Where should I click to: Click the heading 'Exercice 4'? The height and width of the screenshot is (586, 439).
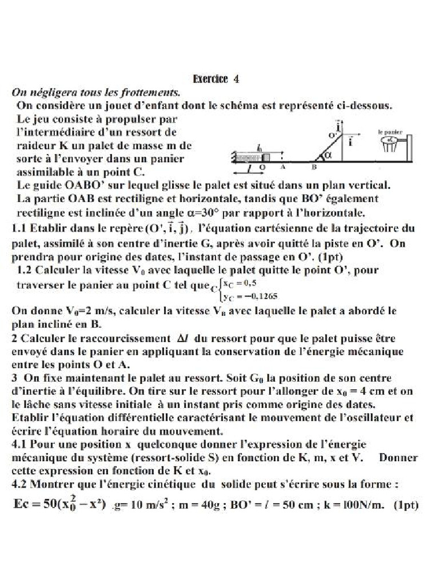pyautogui.click(x=216, y=80)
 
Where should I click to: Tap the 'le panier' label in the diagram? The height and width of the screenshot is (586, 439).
pyautogui.click(x=388, y=131)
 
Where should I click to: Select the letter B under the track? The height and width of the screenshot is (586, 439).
pyautogui.click(x=313, y=168)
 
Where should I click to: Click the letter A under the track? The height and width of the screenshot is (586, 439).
pyautogui.click(x=282, y=168)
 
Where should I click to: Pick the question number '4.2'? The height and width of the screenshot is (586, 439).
pyautogui.click(x=20, y=484)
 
